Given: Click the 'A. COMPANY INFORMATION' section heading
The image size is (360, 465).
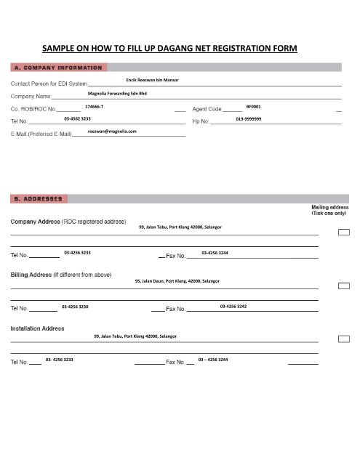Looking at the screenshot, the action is [56, 68].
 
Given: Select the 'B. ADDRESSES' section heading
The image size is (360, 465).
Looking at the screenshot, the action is [39, 198].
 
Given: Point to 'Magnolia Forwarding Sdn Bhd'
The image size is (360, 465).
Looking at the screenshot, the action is [117, 94].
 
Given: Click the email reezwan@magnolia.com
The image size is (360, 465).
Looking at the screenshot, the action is [112, 132].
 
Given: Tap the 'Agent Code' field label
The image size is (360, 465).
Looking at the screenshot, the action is [207, 108].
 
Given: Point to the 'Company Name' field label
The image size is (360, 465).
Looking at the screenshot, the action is [30, 95].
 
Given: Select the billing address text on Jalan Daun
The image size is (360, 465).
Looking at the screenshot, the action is [177, 280].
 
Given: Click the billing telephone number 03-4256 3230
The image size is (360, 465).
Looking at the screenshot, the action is [76, 307].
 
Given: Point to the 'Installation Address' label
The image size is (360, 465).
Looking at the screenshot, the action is [36, 328].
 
